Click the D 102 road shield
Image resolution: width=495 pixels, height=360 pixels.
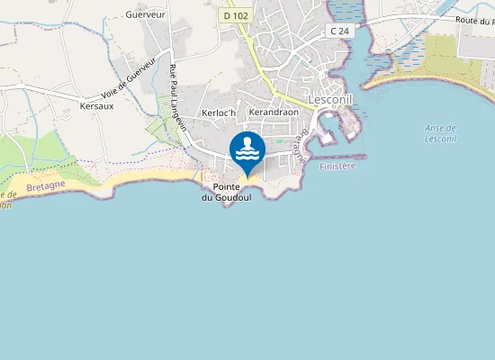click(235, 15)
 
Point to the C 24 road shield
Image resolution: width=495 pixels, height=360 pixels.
click(339, 31)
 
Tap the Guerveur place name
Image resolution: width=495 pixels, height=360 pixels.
click(145, 15)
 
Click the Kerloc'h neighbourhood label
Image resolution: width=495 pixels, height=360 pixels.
click(219, 112)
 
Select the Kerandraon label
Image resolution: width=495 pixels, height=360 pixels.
click(273, 112)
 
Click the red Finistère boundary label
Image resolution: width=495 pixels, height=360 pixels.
click(337, 166)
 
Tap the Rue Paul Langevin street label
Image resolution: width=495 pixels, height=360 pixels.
click(178, 98)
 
